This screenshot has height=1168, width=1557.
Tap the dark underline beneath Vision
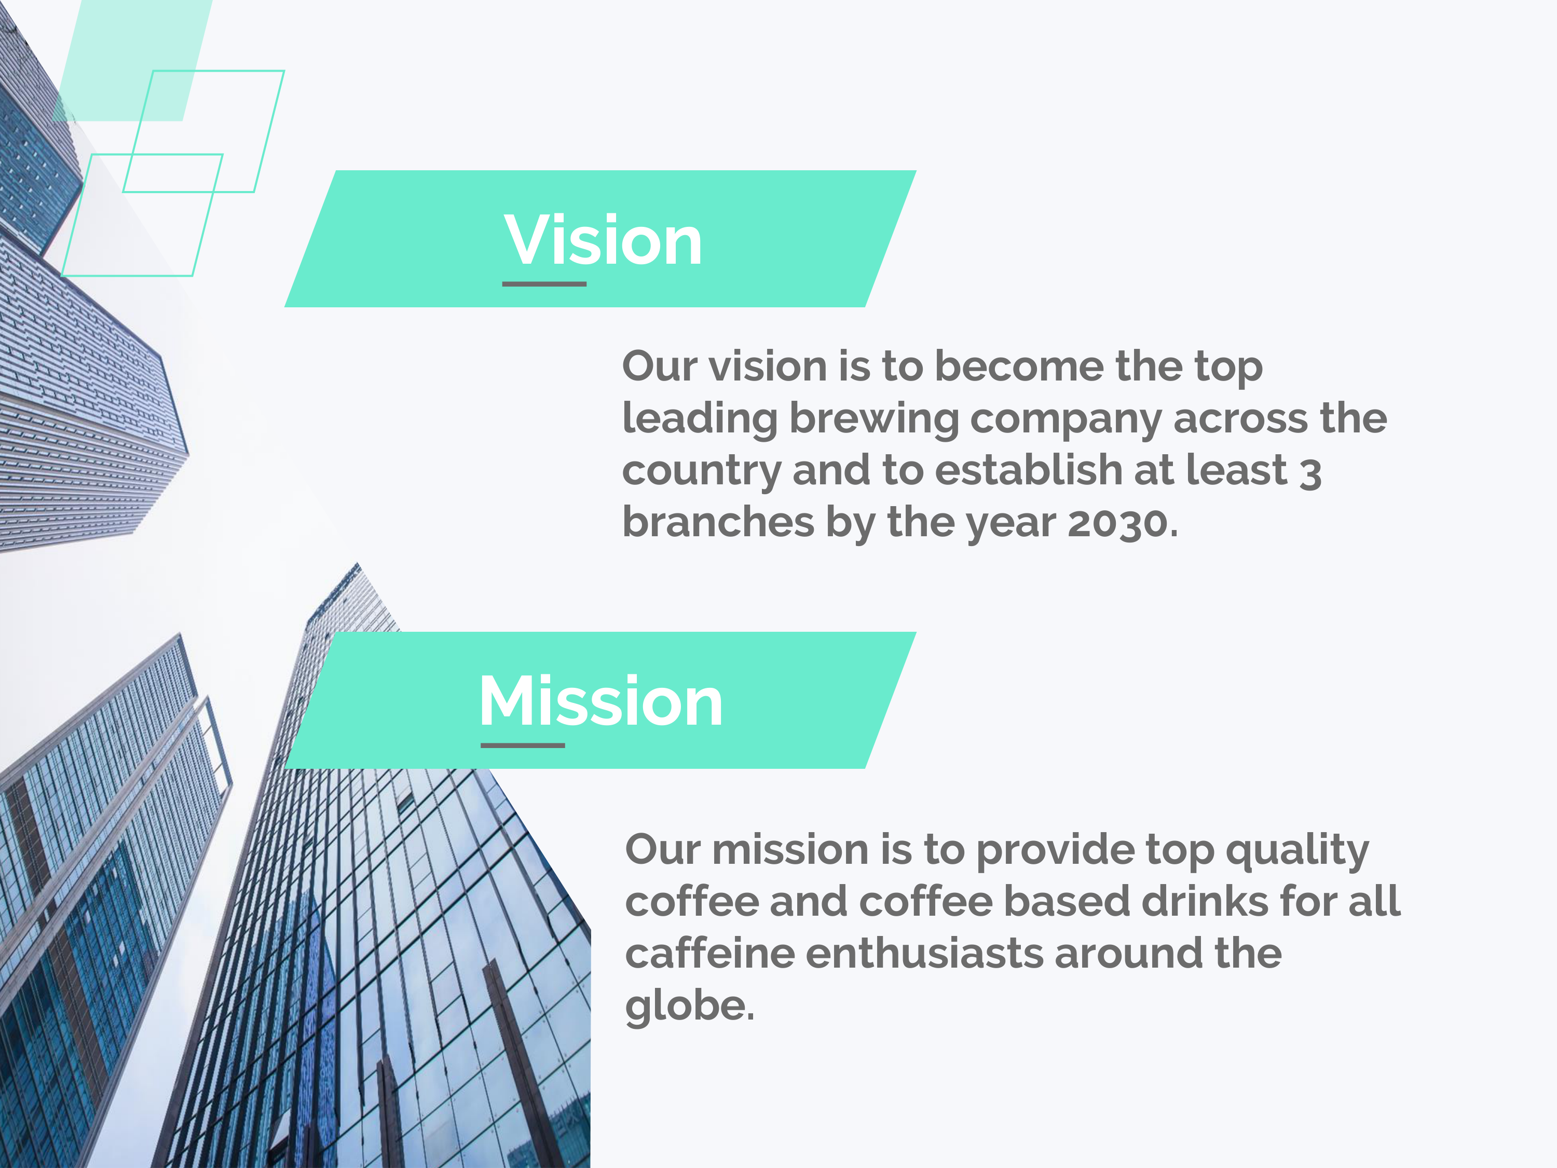coord(544,284)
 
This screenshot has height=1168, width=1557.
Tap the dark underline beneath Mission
coord(522,745)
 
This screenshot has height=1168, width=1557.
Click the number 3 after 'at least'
coord(1310,473)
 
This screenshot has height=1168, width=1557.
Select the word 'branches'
coord(718,522)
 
